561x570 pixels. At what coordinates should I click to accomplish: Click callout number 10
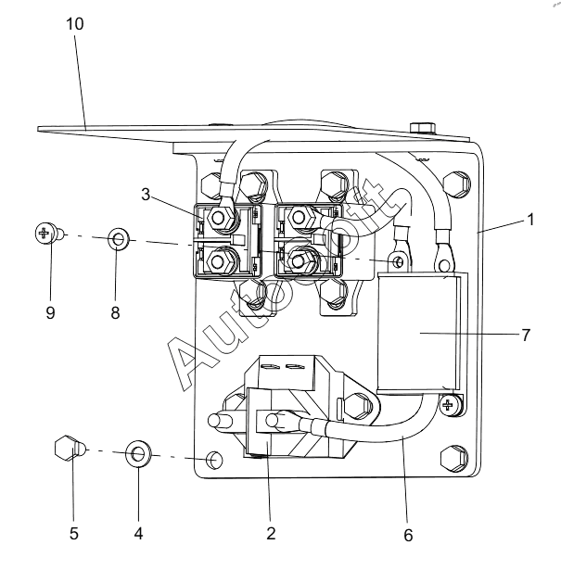point(75,24)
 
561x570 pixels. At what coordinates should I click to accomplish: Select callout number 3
point(146,195)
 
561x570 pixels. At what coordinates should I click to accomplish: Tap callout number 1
point(530,220)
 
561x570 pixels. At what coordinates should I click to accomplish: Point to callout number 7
point(526,335)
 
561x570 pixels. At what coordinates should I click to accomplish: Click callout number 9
point(50,312)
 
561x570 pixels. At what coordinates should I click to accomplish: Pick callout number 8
point(115,312)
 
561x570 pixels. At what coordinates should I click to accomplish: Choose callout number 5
point(74,534)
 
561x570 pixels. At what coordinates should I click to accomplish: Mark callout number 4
point(138,534)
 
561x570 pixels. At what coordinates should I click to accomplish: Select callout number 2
point(271,534)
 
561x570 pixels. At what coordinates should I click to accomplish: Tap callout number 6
point(408,535)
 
